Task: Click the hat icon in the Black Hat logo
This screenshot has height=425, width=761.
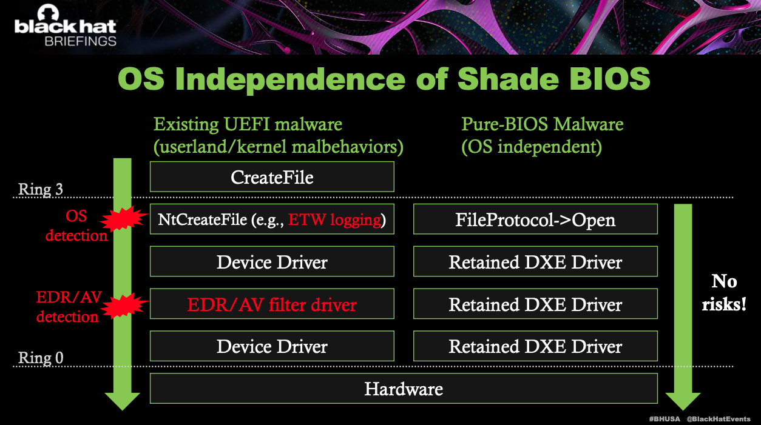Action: coord(48,13)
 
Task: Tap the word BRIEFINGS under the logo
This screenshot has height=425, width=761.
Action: coord(81,41)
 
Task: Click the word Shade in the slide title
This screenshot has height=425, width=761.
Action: coord(508,78)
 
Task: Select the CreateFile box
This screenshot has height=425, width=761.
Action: coord(272,177)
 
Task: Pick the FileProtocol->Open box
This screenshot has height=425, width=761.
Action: coord(535,219)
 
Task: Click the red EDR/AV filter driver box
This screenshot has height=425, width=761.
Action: coord(272,304)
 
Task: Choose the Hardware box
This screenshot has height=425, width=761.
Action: coord(404,389)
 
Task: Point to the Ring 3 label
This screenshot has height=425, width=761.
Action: coord(41,189)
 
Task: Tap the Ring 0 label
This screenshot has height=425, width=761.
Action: coord(41,358)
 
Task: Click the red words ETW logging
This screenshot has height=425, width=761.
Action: coord(334,219)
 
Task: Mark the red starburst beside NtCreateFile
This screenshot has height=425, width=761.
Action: coord(124,218)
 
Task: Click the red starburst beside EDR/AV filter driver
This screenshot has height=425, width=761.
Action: coord(124,304)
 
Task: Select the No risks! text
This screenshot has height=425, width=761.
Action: coord(724,293)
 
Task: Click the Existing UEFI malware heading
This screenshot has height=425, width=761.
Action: coord(248,124)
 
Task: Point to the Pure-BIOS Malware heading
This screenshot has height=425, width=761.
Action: coord(542,124)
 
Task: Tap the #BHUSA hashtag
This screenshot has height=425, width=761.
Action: coord(665,419)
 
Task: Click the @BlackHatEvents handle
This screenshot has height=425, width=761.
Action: coord(719,419)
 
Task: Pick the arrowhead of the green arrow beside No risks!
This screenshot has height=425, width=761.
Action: coord(683,401)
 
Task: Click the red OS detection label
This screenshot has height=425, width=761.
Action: coord(76,226)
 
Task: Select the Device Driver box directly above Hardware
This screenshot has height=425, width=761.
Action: coord(272,346)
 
